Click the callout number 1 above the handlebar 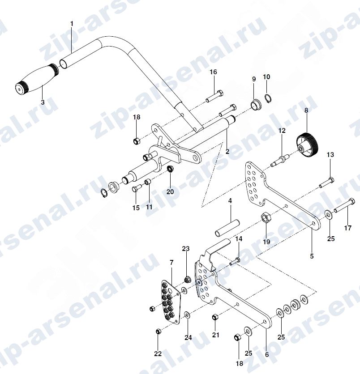[72, 24]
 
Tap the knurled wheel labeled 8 [308, 143]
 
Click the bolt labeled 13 [326, 183]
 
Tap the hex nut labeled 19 [265, 217]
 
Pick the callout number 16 [214, 72]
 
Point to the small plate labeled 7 [171, 302]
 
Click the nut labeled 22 [158, 331]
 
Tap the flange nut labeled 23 [187, 279]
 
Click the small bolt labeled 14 [235, 261]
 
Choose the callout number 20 [170, 191]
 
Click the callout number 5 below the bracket [312, 256]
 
